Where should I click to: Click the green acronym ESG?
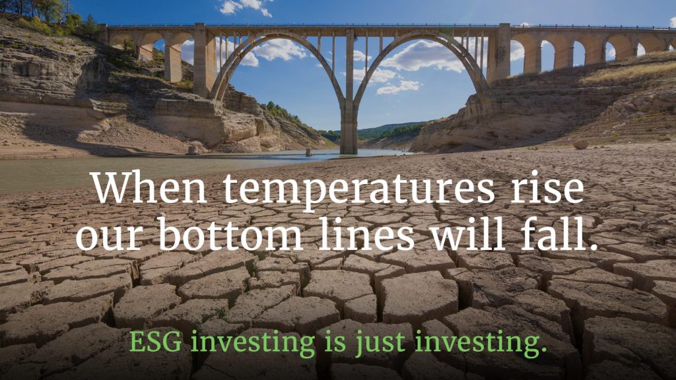[155, 342]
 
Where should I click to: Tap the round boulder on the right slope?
[580, 144]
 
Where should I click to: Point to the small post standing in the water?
[308, 152]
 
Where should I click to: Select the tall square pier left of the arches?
[203, 60]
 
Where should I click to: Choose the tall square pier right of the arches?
[499, 53]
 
